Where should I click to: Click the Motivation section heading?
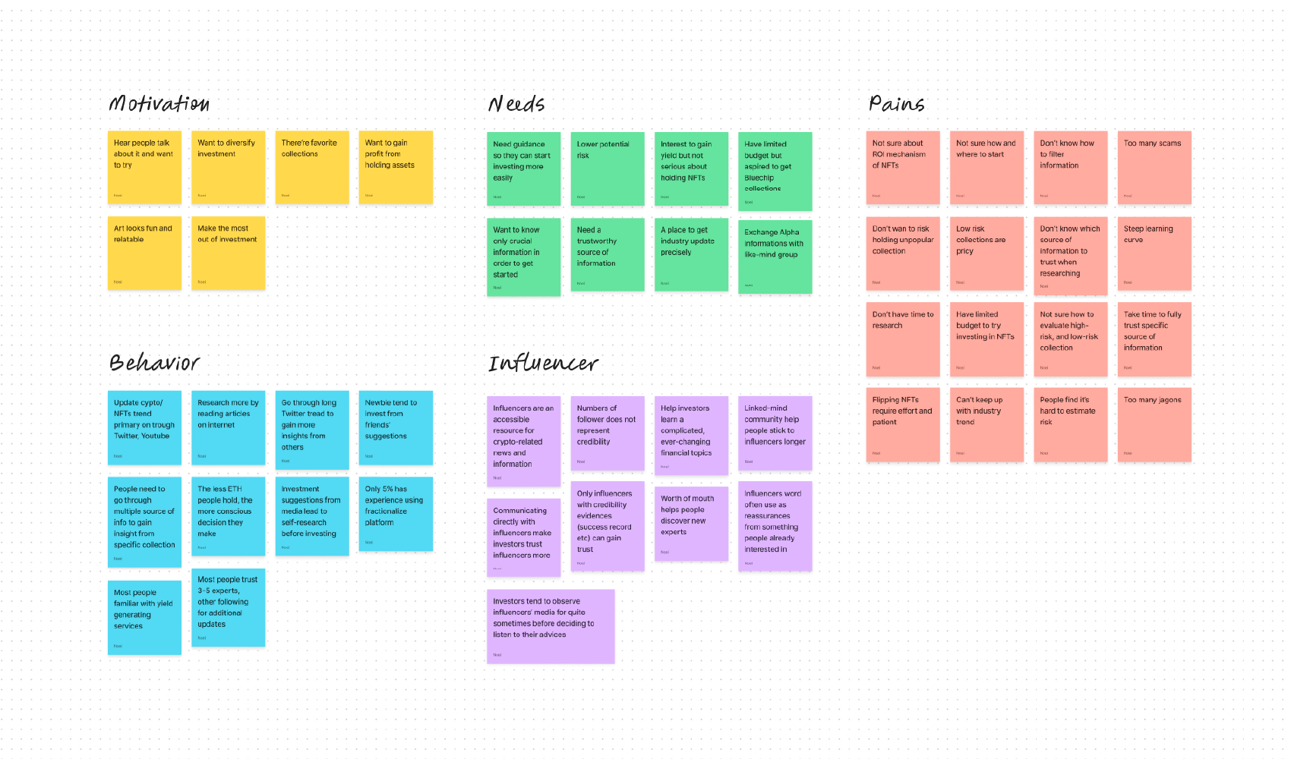coord(159,103)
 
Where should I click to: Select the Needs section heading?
coord(516,103)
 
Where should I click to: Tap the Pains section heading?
coord(896,103)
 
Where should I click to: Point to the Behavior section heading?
coord(154,362)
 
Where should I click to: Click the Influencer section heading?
coord(543,364)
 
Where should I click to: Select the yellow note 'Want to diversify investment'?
coord(228,167)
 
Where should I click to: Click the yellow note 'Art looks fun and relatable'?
coord(144,253)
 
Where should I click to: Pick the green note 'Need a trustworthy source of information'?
coord(608,255)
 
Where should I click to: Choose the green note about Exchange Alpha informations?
coord(775,257)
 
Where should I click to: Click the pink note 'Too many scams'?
coord(1154,167)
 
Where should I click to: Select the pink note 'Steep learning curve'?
coord(1154,254)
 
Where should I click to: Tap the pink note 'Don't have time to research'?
coord(903,339)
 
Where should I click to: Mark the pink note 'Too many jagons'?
coord(1154,425)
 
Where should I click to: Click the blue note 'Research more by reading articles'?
coord(228,427)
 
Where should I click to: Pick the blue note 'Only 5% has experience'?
coord(396,513)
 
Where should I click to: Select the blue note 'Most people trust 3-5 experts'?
coord(228,607)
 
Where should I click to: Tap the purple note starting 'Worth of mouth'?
coord(691,524)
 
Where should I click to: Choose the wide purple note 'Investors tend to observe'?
coord(551,626)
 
